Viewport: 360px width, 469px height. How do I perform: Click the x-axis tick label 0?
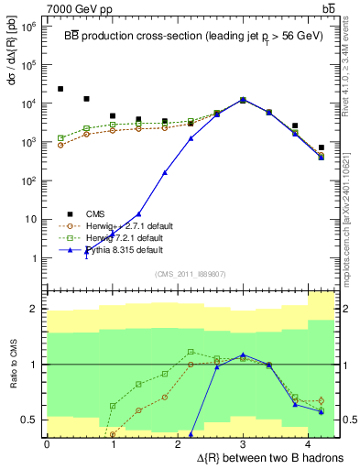[x=47, y=444]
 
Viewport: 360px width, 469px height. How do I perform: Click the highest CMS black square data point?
[x=60, y=89]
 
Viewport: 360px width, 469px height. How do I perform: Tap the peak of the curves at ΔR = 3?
[x=243, y=99]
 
